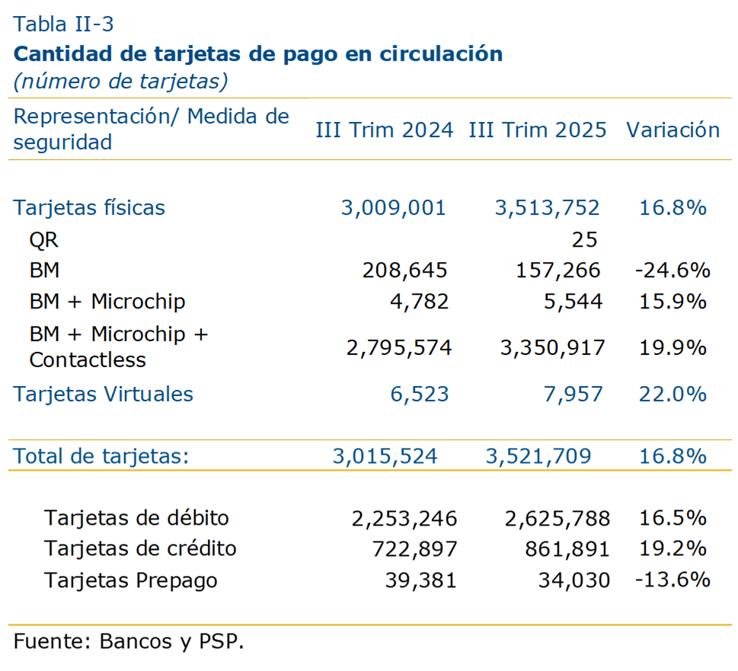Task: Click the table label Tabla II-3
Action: pos(64,24)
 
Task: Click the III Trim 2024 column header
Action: pos(385,130)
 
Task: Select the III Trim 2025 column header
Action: pos(538,130)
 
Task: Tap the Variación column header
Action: pos(673,130)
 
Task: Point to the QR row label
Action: pos(43,241)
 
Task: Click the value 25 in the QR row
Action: pos(584,241)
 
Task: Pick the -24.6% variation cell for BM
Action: pos(672,270)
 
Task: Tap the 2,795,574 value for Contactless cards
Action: pos(399,348)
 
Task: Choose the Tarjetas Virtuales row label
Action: pos(104,395)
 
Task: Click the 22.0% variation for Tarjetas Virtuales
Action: pos(673,395)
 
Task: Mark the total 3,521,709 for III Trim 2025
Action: pos(538,456)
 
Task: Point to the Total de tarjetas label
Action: pos(101,456)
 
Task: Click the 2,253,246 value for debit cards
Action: pos(404,519)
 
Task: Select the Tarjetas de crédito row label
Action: pos(140,549)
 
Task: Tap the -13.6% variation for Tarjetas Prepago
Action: pos(672,580)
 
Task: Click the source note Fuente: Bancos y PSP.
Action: pos(129,641)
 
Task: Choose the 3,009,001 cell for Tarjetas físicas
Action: pos(393,208)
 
